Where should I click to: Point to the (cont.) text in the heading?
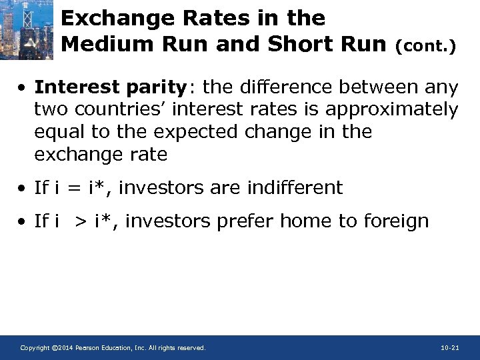425,47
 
